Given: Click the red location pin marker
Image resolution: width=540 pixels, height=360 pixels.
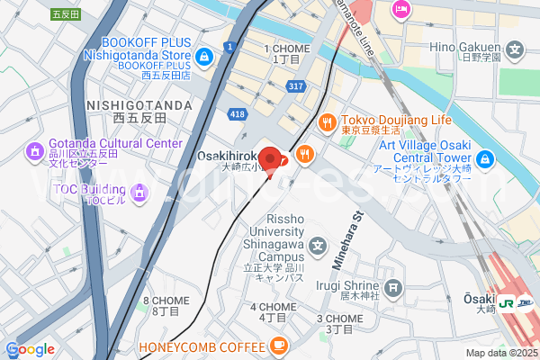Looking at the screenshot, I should click(x=276, y=160).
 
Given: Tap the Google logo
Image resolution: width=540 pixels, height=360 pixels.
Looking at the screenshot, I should click(x=30, y=349).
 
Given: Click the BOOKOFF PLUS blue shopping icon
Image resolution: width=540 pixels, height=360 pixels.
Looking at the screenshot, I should click(x=205, y=57).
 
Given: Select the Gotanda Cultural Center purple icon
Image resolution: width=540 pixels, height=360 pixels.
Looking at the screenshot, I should click(x=35, y=150).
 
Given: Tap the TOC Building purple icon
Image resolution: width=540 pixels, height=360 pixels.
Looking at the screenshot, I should click(x=139, y=191).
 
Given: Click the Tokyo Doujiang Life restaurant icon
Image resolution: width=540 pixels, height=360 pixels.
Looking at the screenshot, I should click(x=328, y=121).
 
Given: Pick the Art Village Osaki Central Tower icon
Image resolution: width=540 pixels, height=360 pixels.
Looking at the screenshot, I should click(x=485, y=160).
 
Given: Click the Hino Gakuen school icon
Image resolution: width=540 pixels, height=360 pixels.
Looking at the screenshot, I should click(x=516, y=50).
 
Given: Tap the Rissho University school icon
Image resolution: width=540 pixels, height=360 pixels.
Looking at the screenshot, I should click(x=318, y=246).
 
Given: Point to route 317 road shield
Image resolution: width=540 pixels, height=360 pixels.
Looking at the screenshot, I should click(x=294, y=85).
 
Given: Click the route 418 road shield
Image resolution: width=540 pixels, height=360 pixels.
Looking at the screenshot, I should click(x=238, y=113).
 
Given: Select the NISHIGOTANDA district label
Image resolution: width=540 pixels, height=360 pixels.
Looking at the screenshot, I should click(x=139, y=105).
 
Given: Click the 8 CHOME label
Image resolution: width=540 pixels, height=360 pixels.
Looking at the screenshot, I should click(x=166, y=300).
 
